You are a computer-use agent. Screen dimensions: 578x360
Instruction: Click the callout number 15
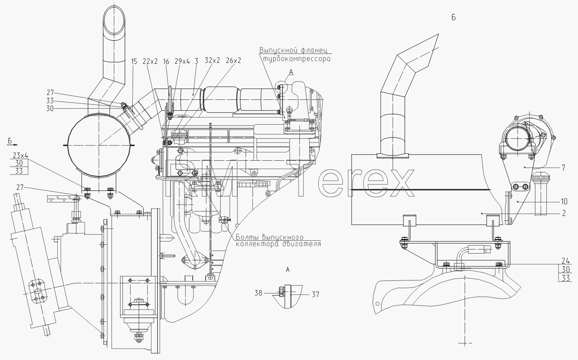click(x=134, y=61)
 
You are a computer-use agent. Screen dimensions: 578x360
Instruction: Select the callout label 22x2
click(x=150, y=61)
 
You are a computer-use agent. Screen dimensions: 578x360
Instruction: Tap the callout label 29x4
click(x=182, y=61)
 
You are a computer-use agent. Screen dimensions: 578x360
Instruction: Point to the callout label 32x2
click(x=213, y=60)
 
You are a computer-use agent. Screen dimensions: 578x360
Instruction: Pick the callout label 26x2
click(x=233, y=60)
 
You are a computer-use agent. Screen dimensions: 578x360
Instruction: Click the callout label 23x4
click(x=20, y=155)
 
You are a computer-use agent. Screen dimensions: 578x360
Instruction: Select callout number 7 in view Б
click(x=563, y=168)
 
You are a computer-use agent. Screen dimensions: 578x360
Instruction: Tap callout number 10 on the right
click(x=563, y=201)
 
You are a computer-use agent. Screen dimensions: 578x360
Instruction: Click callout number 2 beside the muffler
click(x=564, y=213)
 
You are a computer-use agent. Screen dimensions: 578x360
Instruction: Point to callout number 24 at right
click(x=565, y=261)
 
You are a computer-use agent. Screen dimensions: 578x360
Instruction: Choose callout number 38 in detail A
click(x=258, y=293)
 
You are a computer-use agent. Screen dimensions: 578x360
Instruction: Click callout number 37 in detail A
click(x=316, y=294)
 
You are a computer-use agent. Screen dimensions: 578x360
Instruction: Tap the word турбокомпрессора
click(x=297, y=59)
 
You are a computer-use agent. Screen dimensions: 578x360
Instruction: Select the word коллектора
click(x=257, y=244)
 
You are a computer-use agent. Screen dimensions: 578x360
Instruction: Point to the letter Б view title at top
click(x=453, y=17)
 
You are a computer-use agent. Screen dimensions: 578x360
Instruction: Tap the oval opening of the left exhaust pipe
click(x=114, y=20)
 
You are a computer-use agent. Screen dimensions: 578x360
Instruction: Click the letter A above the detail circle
click(x=291, y=72)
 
